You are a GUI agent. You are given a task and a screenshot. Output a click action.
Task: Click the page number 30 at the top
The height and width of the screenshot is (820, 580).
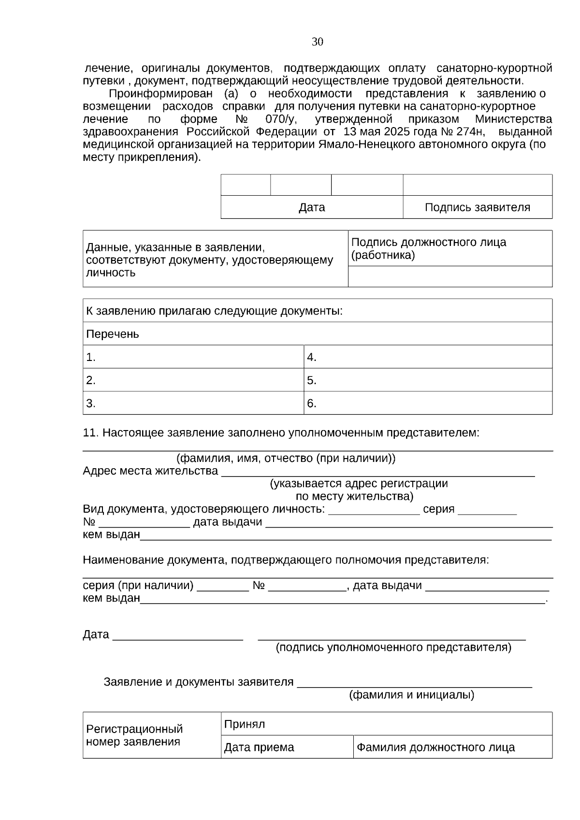point(317,42)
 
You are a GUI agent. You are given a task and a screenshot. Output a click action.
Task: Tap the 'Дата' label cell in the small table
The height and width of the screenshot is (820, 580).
point(312,208)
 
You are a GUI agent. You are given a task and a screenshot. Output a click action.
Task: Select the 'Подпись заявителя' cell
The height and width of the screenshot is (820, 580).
point(477,208)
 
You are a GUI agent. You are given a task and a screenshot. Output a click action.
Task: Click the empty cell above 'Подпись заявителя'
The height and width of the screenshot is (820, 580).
point(477,185)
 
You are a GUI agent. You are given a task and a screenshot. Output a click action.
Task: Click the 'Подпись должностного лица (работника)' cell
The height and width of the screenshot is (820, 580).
point(449,248)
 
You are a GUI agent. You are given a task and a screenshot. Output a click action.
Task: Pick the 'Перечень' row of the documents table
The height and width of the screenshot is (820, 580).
point(317,334)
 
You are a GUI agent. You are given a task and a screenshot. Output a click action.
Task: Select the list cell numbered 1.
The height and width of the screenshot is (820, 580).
point(193,357)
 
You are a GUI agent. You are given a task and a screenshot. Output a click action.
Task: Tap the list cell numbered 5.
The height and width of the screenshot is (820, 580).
point(428,380)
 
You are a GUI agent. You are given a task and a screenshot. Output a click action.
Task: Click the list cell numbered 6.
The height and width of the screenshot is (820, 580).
point(428,403)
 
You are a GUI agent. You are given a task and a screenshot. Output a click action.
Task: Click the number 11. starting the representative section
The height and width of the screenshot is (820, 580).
point(90,433)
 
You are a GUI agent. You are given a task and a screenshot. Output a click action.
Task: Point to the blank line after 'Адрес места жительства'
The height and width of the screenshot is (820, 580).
point(377,472)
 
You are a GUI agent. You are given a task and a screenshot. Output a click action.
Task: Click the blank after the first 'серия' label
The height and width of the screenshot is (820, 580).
point(487,510)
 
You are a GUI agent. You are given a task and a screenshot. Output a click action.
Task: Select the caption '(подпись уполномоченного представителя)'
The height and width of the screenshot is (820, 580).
point(393,647)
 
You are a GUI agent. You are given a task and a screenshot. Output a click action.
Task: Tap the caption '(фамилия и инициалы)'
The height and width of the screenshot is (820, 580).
point(411,695)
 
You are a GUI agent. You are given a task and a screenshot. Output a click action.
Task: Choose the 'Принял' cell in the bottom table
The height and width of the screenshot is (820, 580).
point(386,724)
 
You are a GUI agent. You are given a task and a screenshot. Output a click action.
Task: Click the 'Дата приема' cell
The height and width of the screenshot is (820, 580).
point(287,748)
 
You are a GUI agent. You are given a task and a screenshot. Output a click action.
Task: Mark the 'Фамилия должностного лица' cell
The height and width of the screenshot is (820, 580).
point(452,748)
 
